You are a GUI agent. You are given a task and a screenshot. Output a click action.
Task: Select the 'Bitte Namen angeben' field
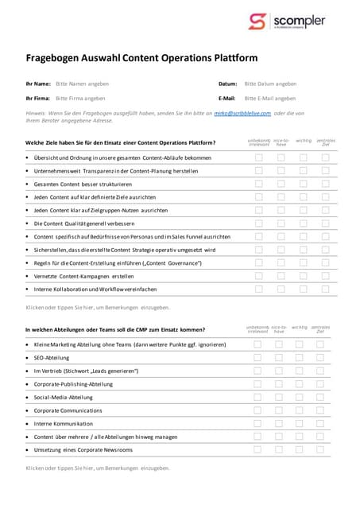83,84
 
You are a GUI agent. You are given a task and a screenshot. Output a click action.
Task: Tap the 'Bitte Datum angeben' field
270,84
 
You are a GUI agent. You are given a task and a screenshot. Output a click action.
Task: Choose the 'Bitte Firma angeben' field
80,99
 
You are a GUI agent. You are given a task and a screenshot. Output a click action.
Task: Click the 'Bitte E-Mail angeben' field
271,99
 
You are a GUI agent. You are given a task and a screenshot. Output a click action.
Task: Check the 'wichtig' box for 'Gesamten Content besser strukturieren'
303,184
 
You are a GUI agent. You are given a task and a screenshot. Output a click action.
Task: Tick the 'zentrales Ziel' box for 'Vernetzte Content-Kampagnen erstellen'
325,275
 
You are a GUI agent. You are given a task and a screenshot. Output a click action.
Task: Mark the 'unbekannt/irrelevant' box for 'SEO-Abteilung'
257,358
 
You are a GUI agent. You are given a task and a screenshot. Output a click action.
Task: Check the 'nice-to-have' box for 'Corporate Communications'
279,410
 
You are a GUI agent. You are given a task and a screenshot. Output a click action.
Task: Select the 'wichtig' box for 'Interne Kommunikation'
300,424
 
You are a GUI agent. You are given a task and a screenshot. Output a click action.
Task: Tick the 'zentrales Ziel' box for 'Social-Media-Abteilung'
320,397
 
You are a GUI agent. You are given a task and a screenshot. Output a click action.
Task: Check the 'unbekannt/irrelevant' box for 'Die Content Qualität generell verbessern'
258,223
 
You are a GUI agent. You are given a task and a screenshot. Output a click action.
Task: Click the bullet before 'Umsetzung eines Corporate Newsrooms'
28,450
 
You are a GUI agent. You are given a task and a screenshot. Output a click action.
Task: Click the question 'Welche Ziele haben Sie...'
120,143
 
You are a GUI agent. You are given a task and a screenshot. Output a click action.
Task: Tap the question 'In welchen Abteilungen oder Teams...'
115,329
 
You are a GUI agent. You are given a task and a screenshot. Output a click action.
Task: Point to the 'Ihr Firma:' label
38,99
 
